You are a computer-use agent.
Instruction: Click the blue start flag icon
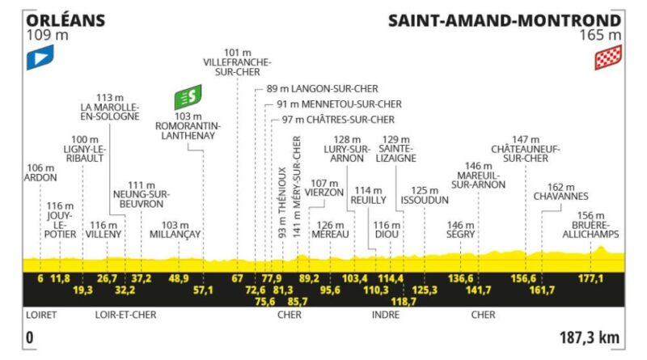point(40,57)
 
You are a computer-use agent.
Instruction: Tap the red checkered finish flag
point(608,57)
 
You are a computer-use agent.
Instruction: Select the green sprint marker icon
point(188,97)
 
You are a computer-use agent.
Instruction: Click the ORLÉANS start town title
point(66,20)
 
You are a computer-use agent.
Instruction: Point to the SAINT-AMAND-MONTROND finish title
point(505,20)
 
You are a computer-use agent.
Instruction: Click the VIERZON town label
point(324,193)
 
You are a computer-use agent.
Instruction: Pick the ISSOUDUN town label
point(425,201)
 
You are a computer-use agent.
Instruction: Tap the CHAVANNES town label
point(560,196)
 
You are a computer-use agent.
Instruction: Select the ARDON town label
point(40,177)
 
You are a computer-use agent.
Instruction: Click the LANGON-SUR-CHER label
point(334,89)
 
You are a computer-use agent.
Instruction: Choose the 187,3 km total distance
point(590,337)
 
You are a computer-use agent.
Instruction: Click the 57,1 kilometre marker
point(203,290)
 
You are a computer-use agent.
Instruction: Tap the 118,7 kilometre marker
point(403,302)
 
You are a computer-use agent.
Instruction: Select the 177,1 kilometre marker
point(590,278)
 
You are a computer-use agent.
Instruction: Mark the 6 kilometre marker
point(40,278)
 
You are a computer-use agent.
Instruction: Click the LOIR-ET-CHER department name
point(126,315)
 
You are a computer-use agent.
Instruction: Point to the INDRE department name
point(386,315)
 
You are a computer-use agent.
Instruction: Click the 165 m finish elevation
point(600,35)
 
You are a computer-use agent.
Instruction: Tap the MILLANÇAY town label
point(175,235)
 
